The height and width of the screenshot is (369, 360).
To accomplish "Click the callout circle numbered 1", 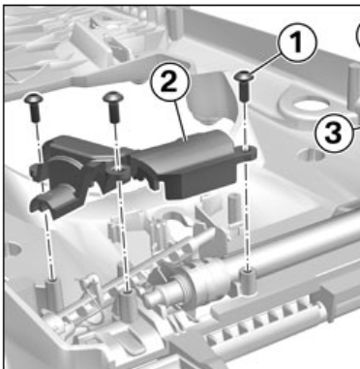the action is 297,43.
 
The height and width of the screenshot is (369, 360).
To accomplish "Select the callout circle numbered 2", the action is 168,81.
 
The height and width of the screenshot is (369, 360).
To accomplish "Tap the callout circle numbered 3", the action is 334,132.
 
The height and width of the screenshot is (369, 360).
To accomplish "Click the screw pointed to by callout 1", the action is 244,84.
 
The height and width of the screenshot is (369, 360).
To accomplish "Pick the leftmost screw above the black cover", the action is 34,108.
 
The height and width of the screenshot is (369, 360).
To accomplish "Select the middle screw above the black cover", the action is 113,107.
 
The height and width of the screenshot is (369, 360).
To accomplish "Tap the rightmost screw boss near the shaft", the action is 248,282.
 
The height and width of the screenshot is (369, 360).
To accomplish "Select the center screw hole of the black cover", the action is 118,170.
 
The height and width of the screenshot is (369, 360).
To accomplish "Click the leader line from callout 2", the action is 181,120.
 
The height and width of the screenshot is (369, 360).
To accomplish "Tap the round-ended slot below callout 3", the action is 311,156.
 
